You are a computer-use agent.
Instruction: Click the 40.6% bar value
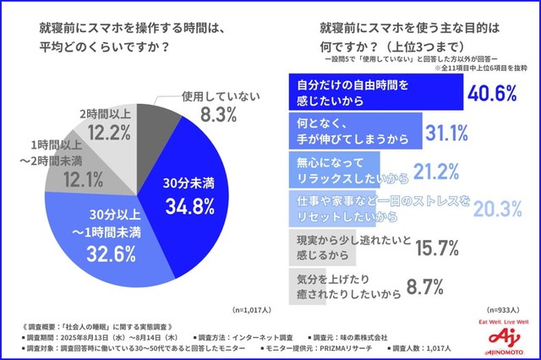coord(491,94)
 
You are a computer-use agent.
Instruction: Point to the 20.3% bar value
coord(481,209)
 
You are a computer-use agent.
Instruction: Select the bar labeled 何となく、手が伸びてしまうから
coord(354,133)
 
